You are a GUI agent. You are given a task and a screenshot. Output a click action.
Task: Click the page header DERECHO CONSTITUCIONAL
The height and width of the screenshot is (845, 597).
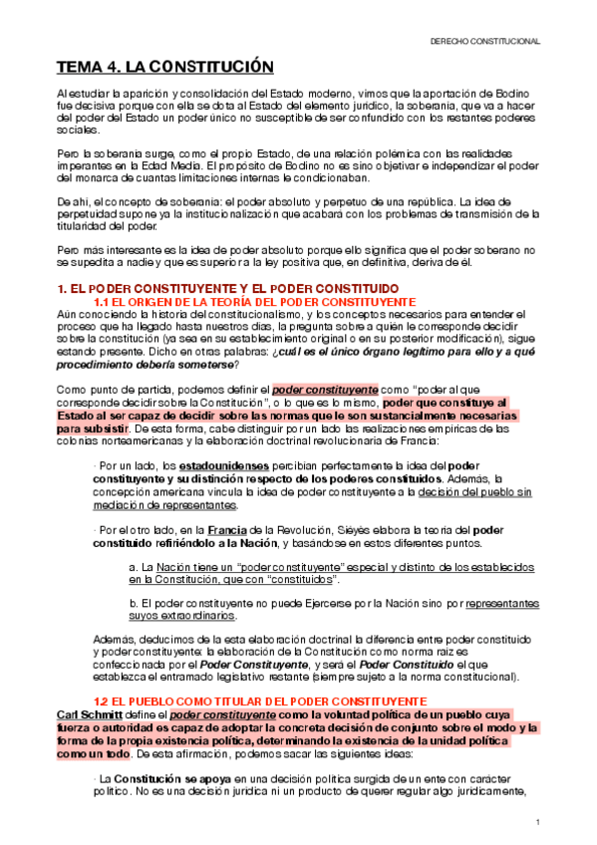tap(484, 42)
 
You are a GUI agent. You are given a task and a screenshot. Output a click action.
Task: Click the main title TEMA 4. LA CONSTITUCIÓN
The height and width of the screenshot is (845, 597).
tap(163, 68)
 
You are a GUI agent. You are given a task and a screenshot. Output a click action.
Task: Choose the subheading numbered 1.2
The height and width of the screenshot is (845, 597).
tap(245, 703)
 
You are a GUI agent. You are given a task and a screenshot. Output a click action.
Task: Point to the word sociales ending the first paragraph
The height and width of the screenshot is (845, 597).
tap(74, 130)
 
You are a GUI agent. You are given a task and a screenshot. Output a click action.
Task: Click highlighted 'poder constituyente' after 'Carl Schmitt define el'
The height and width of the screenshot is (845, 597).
tap(211, 715)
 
